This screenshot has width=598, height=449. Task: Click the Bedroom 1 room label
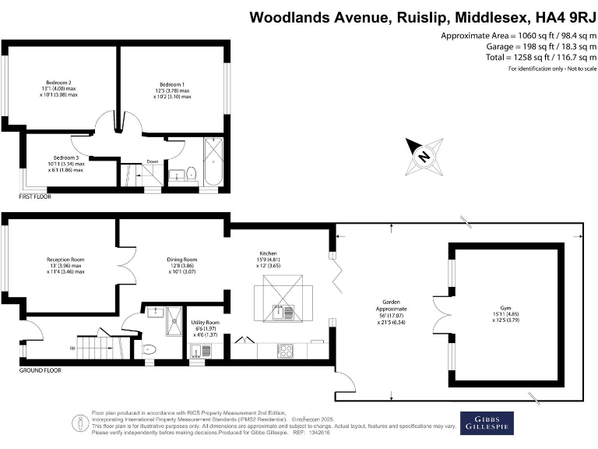172,83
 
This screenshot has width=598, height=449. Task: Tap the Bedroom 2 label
58,83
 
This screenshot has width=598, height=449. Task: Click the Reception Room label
65,259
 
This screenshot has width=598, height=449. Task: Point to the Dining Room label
182,260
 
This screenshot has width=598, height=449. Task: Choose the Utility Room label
206,322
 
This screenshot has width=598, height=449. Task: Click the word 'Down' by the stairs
153,162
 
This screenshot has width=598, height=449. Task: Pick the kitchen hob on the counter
285,350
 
